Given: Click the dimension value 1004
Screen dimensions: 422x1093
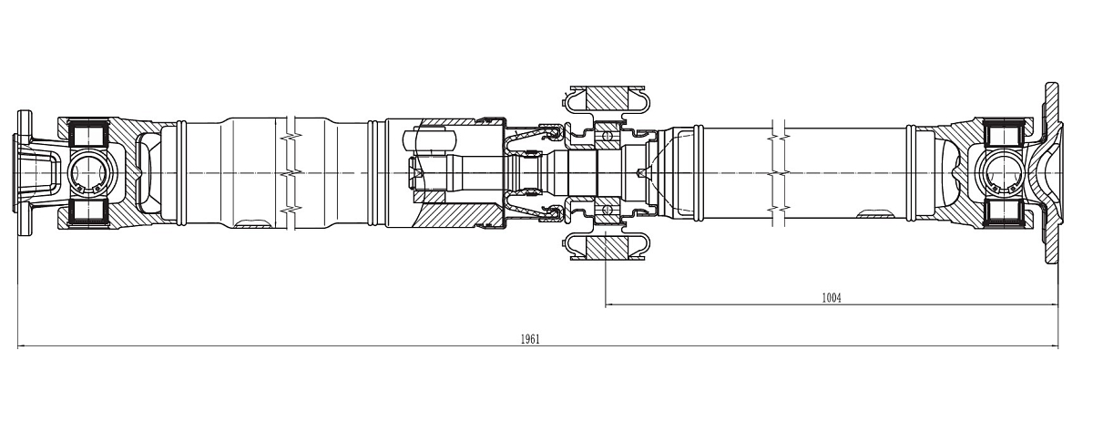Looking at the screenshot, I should (x=830, y=297).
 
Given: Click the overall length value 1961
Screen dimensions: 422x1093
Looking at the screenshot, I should (x=530, y=339).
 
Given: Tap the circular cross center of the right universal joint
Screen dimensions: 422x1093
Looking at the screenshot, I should (x=1004, y=172).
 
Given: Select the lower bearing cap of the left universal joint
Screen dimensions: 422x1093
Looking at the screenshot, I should (x=89, y=211).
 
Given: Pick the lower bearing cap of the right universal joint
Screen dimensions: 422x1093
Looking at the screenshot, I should (x=1004, y=211).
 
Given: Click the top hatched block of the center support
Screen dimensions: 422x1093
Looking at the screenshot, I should (x=606, y=97).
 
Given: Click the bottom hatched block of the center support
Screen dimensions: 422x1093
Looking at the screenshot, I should (x=606, y=247).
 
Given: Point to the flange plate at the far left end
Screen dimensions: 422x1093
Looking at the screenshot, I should (x=24, y=172).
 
